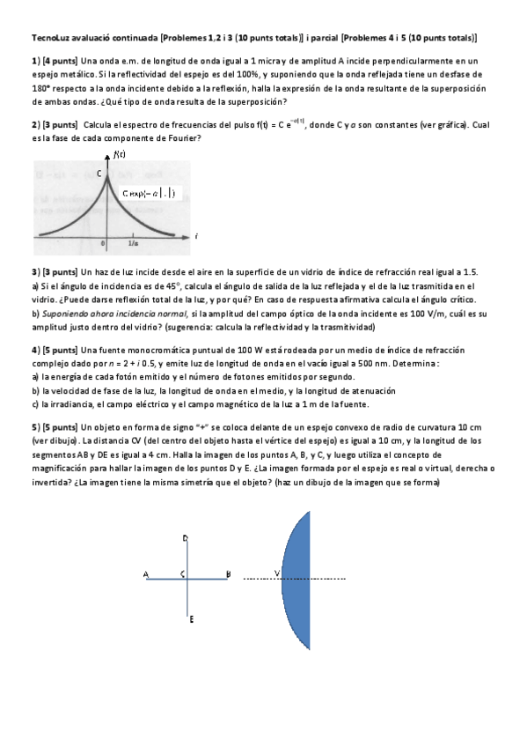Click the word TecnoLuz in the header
click(48, 39)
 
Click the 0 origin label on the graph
click(104, 243)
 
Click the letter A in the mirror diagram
click(145, 575)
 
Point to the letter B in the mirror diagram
click(228, 575)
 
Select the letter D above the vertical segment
click(185, 537)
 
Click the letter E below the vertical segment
click(191, 619)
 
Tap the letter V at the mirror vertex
click(277, 574)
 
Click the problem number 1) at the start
click(35, 61)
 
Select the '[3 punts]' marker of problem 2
click(59, 126)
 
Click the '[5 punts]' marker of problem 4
click(59, 351)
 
